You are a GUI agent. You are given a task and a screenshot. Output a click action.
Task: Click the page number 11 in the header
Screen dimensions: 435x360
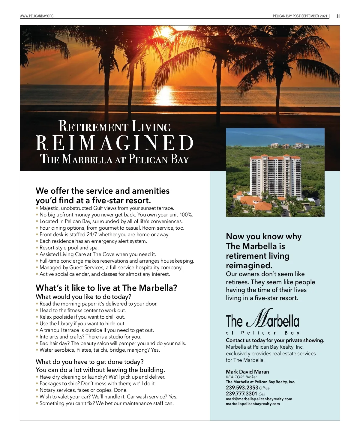click(x=338, y=16)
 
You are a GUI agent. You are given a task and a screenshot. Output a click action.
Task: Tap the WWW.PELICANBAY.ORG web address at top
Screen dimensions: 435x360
click(x=37, y=16)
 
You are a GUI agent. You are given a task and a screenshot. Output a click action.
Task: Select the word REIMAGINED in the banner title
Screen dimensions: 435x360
click(x=115, y=143)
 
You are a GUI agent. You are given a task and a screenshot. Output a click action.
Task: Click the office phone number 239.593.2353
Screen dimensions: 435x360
click(x=242, y=388)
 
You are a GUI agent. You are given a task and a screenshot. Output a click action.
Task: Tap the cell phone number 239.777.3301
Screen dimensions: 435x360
click(x=241, y=394)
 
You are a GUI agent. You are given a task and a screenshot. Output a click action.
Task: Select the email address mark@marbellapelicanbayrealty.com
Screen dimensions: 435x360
click(x=259, y=399)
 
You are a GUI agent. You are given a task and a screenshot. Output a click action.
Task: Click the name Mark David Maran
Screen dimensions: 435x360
click(x=247, y=372)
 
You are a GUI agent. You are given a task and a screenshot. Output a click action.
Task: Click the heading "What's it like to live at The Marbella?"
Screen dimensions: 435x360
click(x=106, y=288)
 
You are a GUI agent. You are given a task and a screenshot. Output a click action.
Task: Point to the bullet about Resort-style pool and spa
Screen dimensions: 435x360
click(x=69, y=248)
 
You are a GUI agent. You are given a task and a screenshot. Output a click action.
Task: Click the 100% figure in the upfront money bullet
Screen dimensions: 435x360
click(x=186, y=215)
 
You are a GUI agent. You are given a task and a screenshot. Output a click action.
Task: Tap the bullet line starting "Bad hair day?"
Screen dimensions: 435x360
click(x=112, y=343)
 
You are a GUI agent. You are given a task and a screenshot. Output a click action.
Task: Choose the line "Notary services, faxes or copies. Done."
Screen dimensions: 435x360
click(x=83, y=390)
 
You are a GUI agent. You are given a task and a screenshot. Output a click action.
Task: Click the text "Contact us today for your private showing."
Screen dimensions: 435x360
click(x=275, y=340)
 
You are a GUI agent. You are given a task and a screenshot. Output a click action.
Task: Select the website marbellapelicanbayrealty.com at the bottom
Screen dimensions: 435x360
click(x=253, y=404)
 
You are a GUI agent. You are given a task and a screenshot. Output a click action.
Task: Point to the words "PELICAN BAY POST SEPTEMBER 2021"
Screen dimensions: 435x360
click(x=300, y=16)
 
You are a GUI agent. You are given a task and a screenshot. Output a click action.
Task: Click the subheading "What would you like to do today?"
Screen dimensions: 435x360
click(x=83, y=297)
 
